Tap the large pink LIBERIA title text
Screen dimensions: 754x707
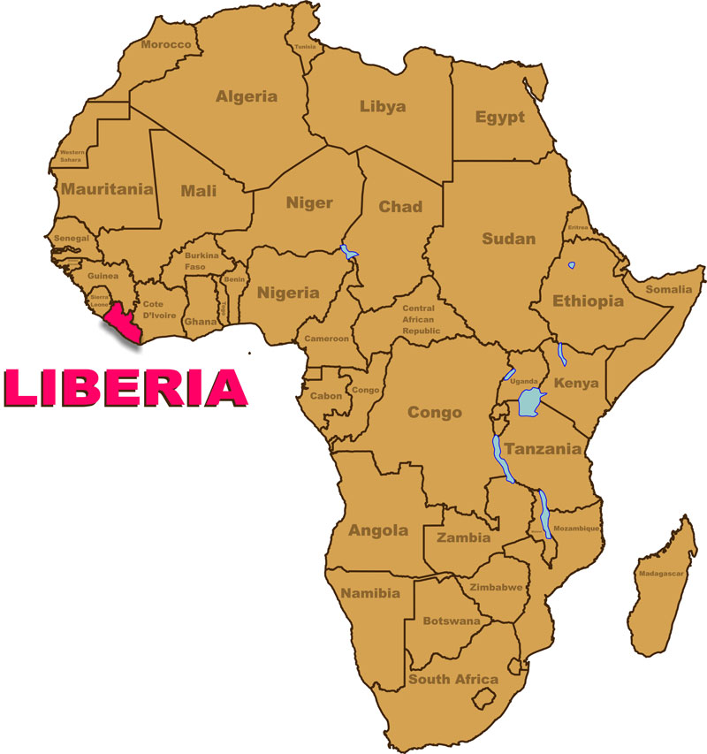coord(124,387)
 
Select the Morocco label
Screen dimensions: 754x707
coord(166,44)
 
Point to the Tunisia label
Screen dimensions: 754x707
coord(305,47)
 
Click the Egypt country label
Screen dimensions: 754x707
coord(499,117)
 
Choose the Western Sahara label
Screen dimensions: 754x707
coord(72,156)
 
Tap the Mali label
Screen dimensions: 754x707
coord(199,190)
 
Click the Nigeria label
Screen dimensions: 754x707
coord(287,293)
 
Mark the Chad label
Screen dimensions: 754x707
coord(400,207)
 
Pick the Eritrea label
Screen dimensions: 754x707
coord(577,227)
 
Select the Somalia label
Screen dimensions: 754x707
coord(669,289)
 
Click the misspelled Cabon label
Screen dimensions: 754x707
coord(325,396)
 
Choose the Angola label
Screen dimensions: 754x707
coord(378,530)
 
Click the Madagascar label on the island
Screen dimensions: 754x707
coord(661,574)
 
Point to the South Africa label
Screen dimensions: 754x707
coord(452,679)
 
